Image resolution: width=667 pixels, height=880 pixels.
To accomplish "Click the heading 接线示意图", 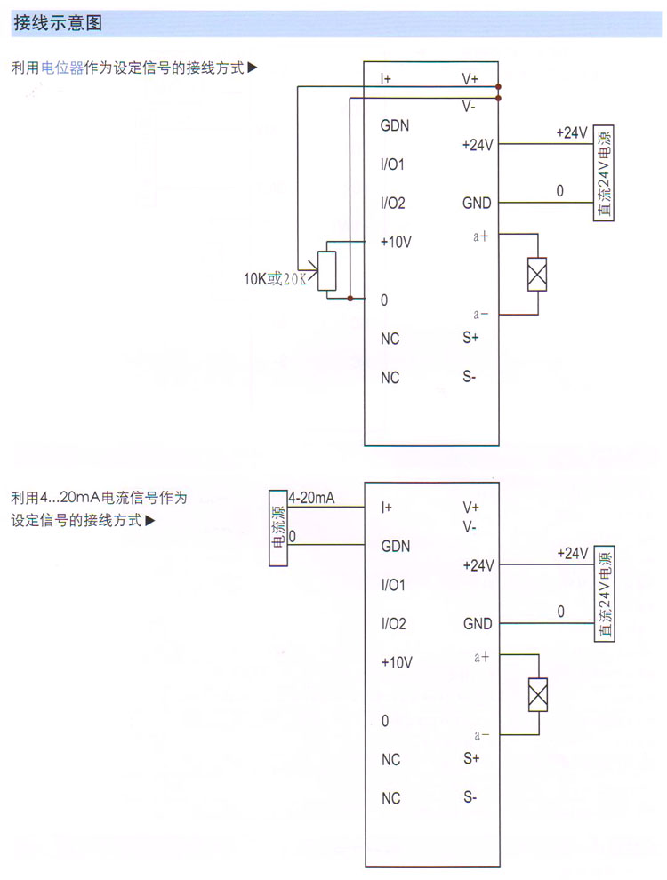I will point(58,24).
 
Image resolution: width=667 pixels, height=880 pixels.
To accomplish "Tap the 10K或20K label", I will point(275,279).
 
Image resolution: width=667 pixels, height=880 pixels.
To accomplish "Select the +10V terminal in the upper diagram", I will point(396,242).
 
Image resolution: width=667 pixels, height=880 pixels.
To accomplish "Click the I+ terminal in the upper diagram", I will point(386,79).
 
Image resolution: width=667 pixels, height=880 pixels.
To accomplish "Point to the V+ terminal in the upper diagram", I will point(470,79).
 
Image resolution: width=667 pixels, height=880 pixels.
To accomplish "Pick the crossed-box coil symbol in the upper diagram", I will point(536,275).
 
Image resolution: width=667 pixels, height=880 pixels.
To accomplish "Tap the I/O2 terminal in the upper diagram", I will point(392,204).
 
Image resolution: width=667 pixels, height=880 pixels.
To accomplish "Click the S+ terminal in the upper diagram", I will point(470,338).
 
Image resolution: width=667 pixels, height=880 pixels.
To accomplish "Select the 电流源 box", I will point(279,528).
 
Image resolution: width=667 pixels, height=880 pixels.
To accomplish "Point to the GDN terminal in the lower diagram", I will point(396,547).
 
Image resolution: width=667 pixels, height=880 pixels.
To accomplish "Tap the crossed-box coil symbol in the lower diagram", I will point(537,695).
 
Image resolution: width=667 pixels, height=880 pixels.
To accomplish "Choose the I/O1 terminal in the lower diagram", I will point(393,586).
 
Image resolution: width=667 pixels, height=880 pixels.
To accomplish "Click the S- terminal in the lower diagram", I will point(470,797).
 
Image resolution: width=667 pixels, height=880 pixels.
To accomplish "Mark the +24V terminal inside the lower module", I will point(478,565).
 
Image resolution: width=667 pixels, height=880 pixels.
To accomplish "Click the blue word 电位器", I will point(62,68).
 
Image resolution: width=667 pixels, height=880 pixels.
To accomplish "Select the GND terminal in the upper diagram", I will point(477,204).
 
